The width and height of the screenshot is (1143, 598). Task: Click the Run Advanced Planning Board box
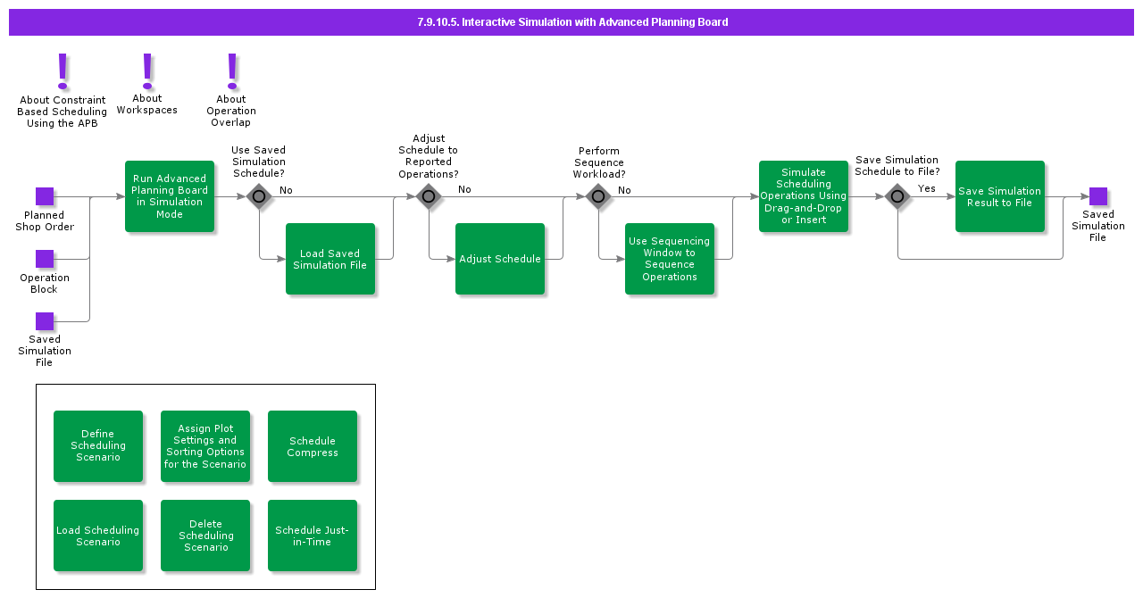pyautogui.click(x=170, y=196)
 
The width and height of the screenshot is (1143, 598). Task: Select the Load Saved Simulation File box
pyautogui.click(x=330, y=259)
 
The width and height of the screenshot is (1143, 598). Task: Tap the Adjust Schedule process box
pyautogui.click(x=500, y=259)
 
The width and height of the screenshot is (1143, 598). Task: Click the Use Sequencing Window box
pyautogui.click(x=670, y=259)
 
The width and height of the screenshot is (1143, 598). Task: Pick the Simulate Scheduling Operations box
pyautogui.click(x=804, y=196)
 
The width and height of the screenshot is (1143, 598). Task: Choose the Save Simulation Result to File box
pyautogui.click(x=1000, y=196)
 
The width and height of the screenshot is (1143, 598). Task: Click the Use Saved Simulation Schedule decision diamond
pyautogui.click(x=259, y=196)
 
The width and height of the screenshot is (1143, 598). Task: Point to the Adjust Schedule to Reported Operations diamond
pyautogui.click(x=429, y=196)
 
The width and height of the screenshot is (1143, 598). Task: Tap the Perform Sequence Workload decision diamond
pyautogui.click(x=598, y=196)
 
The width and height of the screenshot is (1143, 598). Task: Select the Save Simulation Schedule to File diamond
pyautogui.click(x=897, y=196)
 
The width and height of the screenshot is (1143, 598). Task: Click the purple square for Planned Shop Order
pyautogui.click(x=45, y=196)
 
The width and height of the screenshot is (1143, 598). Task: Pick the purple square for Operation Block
pyautogui.click(x=45, y=259)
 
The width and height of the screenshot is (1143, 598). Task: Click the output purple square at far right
pyautogui.click(x=1098, y=196)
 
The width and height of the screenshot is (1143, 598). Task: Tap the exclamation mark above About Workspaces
pyautogui.click(x=147, y=70)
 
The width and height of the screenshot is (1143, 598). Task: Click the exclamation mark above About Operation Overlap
pyautogui.click(x=232, y=70)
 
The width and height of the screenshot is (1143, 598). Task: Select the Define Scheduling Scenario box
pyautogui.click(x=98, y=446)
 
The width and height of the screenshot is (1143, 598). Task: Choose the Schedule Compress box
pyautogui.click(x=313, y=446)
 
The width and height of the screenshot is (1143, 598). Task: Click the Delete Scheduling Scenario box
pyautogui.click(x=205, y=536)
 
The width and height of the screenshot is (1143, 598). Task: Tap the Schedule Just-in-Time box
pyautogui.click(x=313, y=536)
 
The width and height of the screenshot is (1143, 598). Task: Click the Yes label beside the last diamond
pyautogui.click(x=927, y=188)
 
